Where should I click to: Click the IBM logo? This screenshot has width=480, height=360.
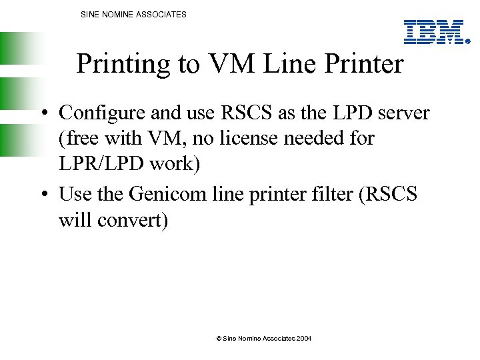tap(434, 32)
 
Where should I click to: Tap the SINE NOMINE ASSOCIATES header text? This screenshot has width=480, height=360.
tap(133, 14)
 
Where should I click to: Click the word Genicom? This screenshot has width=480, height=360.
tap(163, 194)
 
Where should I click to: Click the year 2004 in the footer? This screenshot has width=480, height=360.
tap(303, 339)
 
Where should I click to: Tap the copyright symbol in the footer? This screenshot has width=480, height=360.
tap(219, 339)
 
